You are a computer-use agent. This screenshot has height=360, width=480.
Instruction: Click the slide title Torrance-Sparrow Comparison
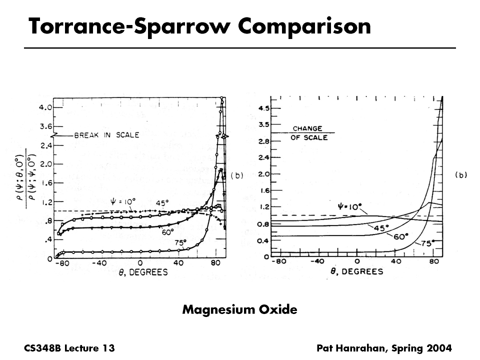[x=199, y=26]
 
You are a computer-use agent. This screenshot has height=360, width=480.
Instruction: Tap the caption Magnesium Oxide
[x=239, y=309]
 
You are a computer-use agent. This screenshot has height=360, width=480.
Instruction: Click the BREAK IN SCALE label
[x=106, y=135]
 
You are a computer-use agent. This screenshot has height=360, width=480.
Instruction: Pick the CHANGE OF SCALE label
[x=307, y=133]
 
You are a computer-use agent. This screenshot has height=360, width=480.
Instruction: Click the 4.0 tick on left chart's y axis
[x=44, y=107]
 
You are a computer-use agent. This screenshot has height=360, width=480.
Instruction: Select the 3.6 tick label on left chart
[x=44, y=126]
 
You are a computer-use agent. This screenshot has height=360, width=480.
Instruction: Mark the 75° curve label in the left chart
[x=180, y=242]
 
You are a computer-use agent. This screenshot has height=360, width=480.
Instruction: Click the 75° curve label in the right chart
[x=426, y=243]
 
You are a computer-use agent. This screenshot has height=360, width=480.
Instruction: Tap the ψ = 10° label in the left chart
[x=122, y=201]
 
